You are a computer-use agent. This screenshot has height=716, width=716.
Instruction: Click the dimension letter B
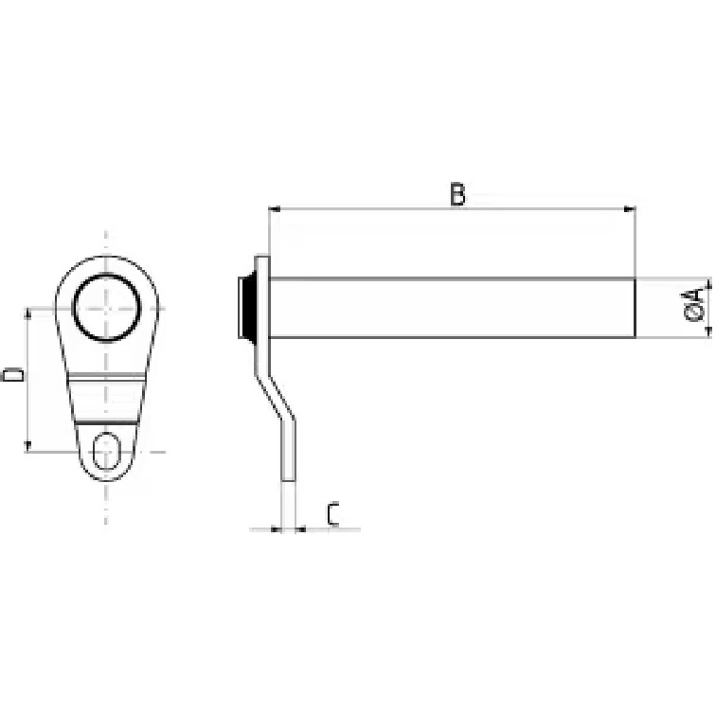click(x=457, y=194)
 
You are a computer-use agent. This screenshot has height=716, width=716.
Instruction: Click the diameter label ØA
click(x=696, y=305)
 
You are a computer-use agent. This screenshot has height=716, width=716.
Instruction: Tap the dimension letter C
click(x=333, y=514)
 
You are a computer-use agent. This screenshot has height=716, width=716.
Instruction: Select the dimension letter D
click(x=12, y=375)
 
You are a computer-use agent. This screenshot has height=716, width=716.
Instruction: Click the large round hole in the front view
click(x=106, y=307)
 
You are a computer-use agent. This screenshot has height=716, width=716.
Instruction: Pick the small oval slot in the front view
click(x=106, y=451)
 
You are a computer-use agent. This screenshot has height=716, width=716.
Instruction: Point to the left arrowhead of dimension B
click(x=275, y=209)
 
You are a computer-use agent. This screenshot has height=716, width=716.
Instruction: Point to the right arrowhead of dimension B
click(x=630, y=209)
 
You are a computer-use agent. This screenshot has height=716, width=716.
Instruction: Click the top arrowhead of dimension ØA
click(x=708, y=283)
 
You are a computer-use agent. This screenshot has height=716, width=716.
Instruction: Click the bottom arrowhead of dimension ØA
click(x=708, y=332)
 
